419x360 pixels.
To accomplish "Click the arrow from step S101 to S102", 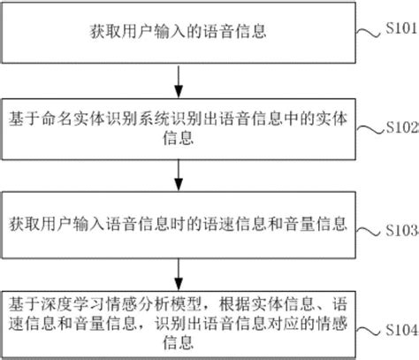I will pyautogui.click(x=180, y=80).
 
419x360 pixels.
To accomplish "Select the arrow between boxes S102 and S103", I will pyautogui.click(x=180, y=174).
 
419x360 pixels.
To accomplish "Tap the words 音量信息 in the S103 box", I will pyautogui.click(x=319, y=218).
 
